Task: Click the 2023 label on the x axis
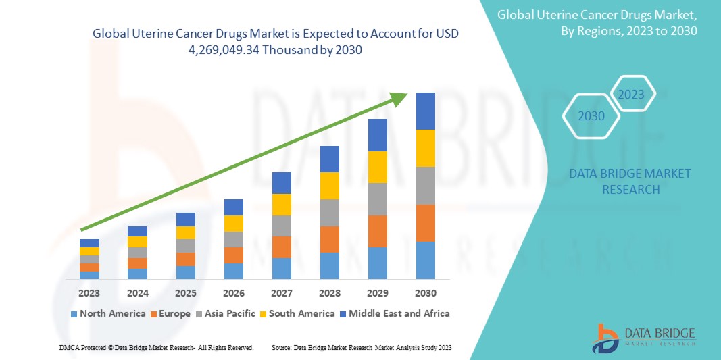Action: (x=89, y=293)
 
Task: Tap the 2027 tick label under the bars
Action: (x=281, y=293)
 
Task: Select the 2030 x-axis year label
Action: (x=425, y=293)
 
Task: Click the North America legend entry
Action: (x=107, y=313)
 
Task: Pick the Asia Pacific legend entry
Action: (x=226, y=313)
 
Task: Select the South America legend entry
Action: (x=297, y=313)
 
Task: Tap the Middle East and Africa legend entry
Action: (x=394, y=313)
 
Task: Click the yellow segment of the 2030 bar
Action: (x=425, y=148)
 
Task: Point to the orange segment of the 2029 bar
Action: (x=377, y=231)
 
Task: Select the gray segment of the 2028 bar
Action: (x=329, y=212)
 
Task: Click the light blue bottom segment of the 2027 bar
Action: (x=281, y=268)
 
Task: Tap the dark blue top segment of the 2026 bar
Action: (x=233, y=207)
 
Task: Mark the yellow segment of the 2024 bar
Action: (x=137, y=242)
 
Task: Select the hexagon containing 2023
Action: (x=632, y=94)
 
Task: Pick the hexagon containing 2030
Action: (x=591, y=116)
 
